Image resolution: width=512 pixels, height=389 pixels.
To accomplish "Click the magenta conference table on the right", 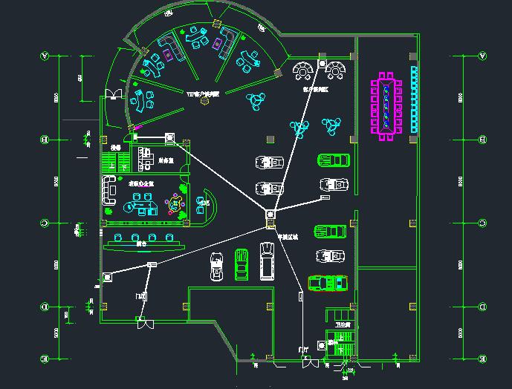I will point(386,105).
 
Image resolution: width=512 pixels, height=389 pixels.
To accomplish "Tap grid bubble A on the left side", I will point(45,56).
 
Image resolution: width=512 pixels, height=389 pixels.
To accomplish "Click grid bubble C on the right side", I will point(483,223).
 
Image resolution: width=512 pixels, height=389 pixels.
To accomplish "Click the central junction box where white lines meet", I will point(269,215).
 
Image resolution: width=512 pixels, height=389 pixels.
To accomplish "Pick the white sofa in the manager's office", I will point(110,192).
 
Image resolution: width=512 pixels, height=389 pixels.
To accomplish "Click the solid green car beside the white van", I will point(242,264).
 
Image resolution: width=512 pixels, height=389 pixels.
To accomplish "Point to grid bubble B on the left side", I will point(45,139).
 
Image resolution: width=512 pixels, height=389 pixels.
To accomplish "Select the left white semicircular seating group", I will point(304,71).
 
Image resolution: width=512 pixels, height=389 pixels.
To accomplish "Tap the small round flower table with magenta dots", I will point(175,201).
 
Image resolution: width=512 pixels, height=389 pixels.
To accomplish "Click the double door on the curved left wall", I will point(114,93).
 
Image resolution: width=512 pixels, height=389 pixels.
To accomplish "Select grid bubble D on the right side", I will point(483,305).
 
